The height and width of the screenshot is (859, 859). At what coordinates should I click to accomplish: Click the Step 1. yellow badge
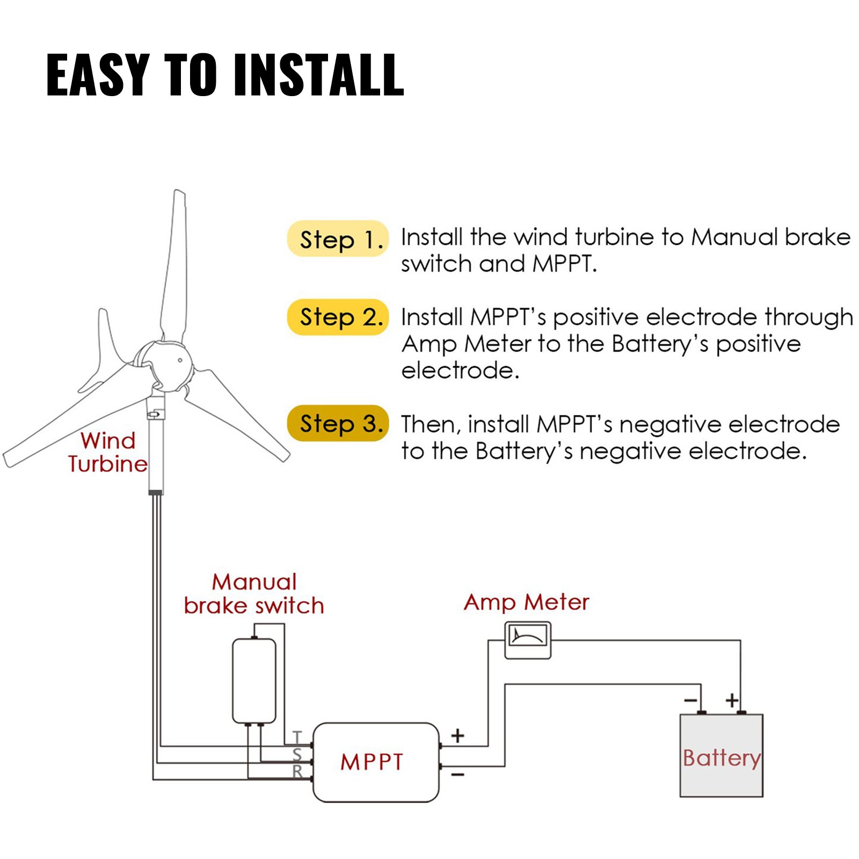click(x=338, y=238)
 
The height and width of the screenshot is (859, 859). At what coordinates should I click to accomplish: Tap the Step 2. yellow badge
click(x=338, y=317)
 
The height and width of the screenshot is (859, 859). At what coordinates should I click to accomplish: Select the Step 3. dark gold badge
click(x=338, y=423)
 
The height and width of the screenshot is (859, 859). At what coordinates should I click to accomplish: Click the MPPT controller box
click(x=375, y=762)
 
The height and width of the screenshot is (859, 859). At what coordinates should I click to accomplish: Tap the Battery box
click(x=721, y=755)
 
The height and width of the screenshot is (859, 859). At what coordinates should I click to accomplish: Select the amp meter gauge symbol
click(x=528, y=640)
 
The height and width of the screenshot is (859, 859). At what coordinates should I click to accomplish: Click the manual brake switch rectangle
click(x=254, y=681)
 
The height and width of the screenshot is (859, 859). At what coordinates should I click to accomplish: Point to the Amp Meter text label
click(x=526, y=602)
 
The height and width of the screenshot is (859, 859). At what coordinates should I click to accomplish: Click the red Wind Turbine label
click(x=107, y=452)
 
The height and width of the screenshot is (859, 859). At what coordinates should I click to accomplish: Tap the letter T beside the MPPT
click(x=297, y=738)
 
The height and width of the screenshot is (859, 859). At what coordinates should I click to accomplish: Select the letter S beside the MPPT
click(x=297, y=755)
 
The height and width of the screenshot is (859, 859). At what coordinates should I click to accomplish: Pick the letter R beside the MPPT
click(x=297, y=771)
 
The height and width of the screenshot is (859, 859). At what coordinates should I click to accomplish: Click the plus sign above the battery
click(x=732, y=700)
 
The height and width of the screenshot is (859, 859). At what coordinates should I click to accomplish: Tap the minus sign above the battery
click(x=691, y=700)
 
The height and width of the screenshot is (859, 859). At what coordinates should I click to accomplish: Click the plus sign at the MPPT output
click(x=457, y=736)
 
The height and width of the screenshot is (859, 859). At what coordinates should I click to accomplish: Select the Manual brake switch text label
click(x=254, y=594)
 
